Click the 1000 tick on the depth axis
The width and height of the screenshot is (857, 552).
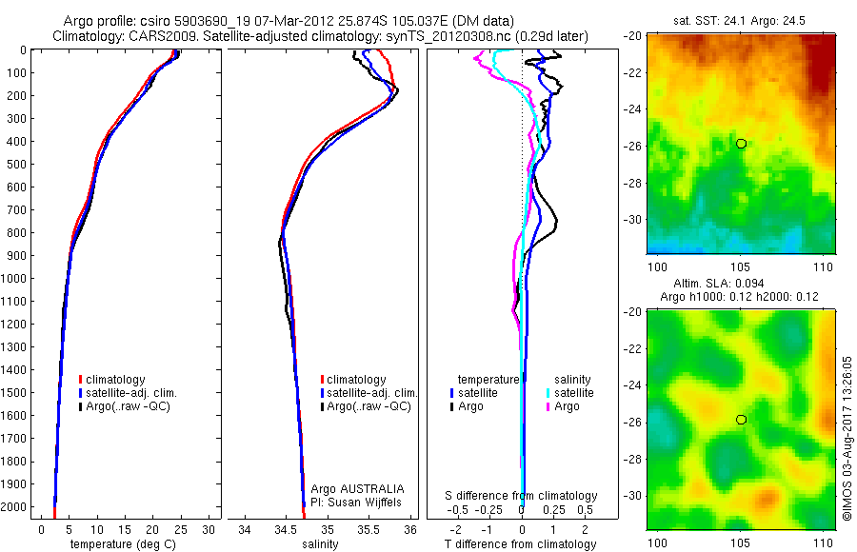pos(16,279)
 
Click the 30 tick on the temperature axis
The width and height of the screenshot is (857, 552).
pos(208,529)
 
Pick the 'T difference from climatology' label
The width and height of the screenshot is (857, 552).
pos(521,544)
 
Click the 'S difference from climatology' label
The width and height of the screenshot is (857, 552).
pos(521,496)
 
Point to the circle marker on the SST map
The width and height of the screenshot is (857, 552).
pos(741,144)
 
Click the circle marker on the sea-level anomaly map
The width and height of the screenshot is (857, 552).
pos(741,420)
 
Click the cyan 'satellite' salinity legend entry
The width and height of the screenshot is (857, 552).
pos(571,392)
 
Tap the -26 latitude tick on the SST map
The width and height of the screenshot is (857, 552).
pos(635,146)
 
